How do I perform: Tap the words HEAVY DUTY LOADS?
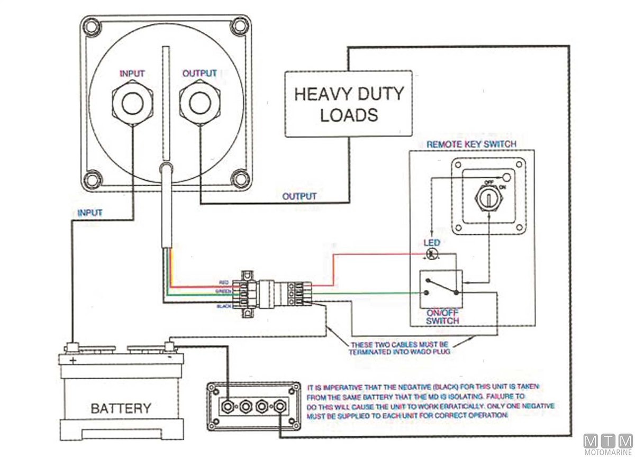tap(349, 104)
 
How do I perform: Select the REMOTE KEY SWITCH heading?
tap(471, 144)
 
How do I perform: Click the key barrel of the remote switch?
tap(487, 198)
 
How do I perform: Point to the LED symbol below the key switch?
tap(433, 253)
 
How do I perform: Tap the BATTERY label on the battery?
tap(121, 408)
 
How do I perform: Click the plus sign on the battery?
tap(72, 359)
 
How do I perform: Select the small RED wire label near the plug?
tap(224, 283)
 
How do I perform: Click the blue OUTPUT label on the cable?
tap(299, 196)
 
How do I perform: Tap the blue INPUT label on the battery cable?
tap(90, 213)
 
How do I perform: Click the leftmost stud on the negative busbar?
tap(228, 406)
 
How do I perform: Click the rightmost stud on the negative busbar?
tap(279, 406)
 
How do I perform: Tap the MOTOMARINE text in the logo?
tap(608, 452)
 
